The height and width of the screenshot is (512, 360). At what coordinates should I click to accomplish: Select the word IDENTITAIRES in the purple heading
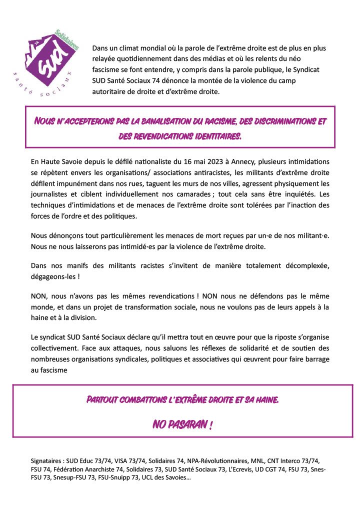click(x=214, y=136)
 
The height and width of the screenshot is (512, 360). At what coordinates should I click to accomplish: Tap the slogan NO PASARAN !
click(x=182, y=425)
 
